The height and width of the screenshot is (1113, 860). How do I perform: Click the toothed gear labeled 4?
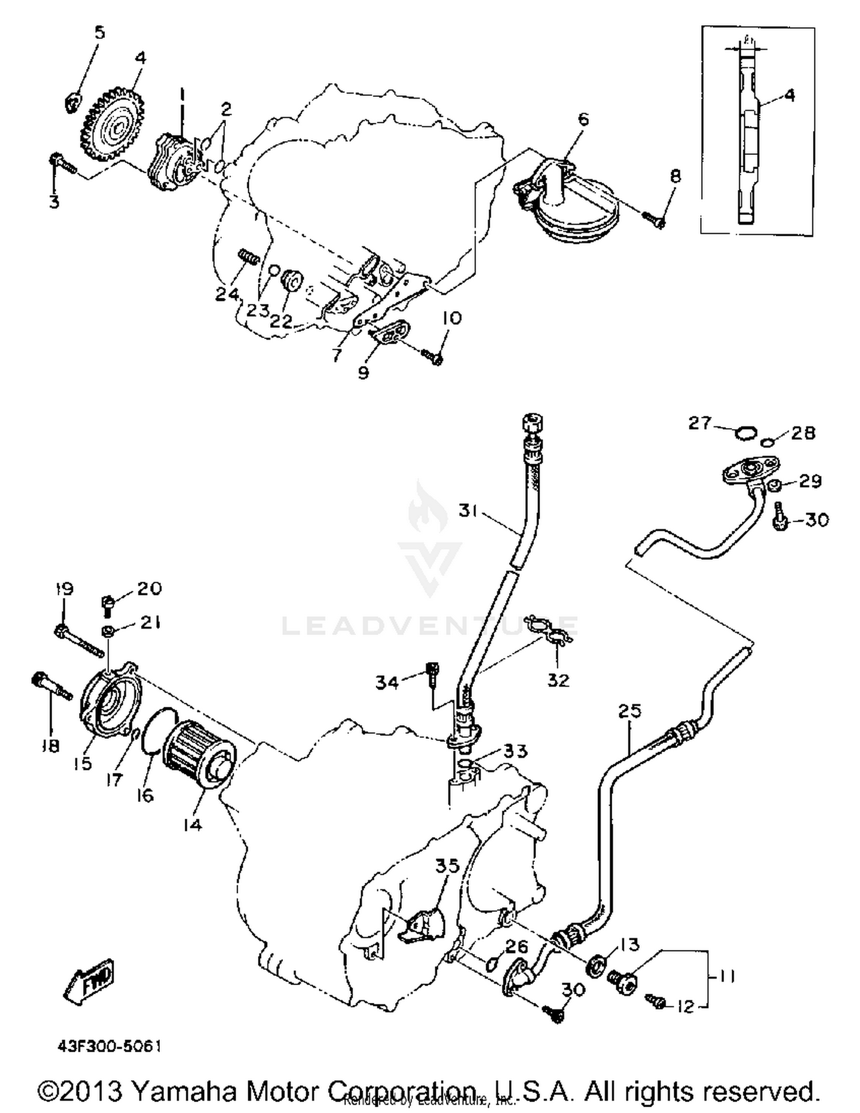113,125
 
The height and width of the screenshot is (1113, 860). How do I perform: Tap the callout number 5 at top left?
100,32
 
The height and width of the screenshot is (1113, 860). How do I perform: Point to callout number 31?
468,509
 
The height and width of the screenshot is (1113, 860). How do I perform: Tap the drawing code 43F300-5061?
109,1046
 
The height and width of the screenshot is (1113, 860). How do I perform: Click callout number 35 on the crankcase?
447,865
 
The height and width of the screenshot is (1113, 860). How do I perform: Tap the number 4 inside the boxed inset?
789,95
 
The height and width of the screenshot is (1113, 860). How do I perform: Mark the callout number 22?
281,321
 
